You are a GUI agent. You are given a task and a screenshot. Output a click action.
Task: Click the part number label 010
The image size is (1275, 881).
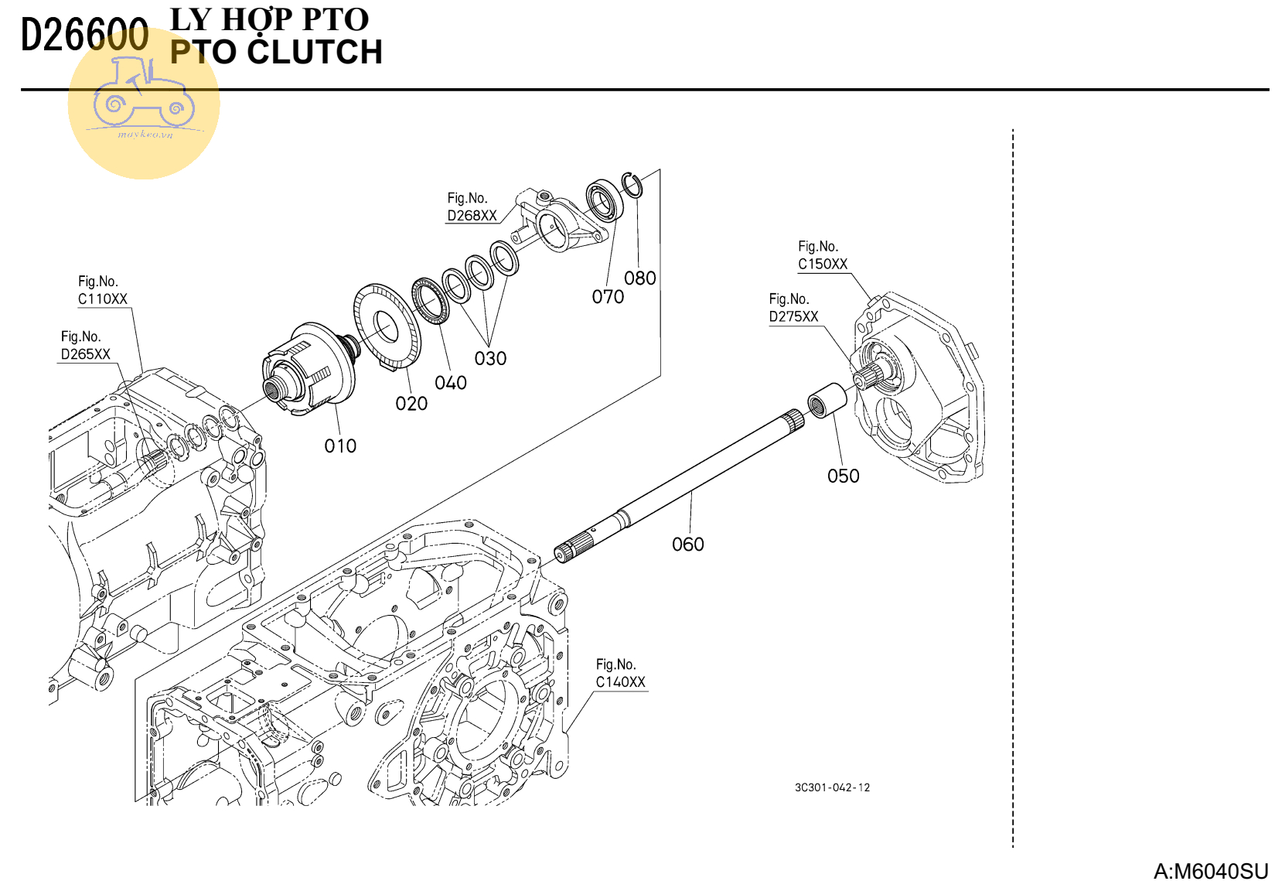(x=340, y=446)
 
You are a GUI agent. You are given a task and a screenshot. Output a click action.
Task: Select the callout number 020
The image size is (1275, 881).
(x=411, y=404)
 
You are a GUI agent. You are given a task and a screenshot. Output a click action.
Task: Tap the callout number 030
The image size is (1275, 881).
(x=490, y=359)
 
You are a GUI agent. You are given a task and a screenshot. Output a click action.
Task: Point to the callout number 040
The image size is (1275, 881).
(x=451, y=383)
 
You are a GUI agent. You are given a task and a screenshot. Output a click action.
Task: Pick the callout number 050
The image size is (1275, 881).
(x=843, y=476)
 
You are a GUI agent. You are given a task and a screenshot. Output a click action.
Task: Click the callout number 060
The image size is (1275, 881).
(x=687, y=545)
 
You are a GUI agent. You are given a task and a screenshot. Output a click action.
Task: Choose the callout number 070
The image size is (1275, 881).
(x=608, y=297)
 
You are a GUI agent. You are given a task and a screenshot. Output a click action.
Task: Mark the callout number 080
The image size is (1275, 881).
(x=640, y=278)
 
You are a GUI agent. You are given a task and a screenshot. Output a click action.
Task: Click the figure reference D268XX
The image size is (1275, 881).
(x=472, y=216)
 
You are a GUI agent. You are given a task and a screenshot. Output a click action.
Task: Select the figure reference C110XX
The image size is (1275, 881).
(x=102, y=299)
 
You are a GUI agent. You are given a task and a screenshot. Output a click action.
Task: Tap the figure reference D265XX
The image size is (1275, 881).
(x=85, y=354)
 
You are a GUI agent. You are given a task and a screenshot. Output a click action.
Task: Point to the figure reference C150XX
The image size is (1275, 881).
(x=823, y=264)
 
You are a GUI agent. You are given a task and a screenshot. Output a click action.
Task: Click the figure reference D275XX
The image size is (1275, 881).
(x=793, y=316)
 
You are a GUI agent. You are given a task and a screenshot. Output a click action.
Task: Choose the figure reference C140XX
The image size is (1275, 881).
(x=620, y=682)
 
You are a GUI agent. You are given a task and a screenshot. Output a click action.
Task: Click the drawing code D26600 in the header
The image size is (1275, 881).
(x=84, y=36)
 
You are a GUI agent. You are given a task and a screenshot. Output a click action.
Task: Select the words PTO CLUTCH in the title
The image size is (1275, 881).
(x=276, y=53)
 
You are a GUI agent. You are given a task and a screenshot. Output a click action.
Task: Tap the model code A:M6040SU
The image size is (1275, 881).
(x=1210, y=871)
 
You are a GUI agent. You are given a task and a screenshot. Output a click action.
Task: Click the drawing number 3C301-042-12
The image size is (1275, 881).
(x=832, y=787)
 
